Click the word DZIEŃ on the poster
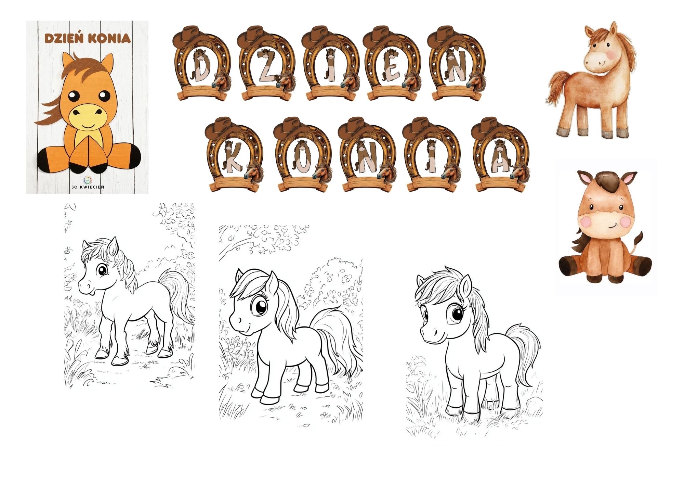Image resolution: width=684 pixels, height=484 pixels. [64, 38]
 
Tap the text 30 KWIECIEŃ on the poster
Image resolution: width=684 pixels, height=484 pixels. [88, 187]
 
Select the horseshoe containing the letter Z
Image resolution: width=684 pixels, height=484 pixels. [267, 63]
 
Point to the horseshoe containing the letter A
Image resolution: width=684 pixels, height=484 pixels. [501, 154]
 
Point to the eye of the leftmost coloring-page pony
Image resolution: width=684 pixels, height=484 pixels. [102, 271]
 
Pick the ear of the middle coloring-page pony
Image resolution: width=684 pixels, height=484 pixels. [272, 284]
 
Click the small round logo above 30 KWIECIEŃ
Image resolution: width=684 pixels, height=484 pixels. [88, 179]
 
